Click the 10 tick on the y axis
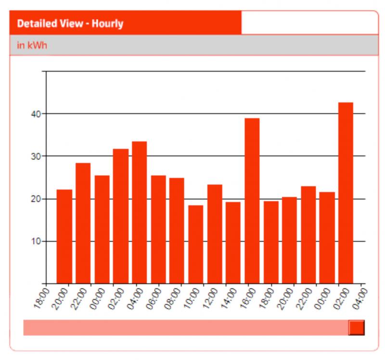pyautogui.click(x=36, y=241)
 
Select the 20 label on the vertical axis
pyautogui.click(x=36, y=199)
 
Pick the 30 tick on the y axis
pyautogui.click(x=36, y=156)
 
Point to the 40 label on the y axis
pyautogui.click(x=36, y=114)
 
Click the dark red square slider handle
pyautogui.click(x=356, y=327)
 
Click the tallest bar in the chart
pyautogui.click(x=346, y=193)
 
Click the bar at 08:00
pyautogui.click(x=177, y=231)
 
